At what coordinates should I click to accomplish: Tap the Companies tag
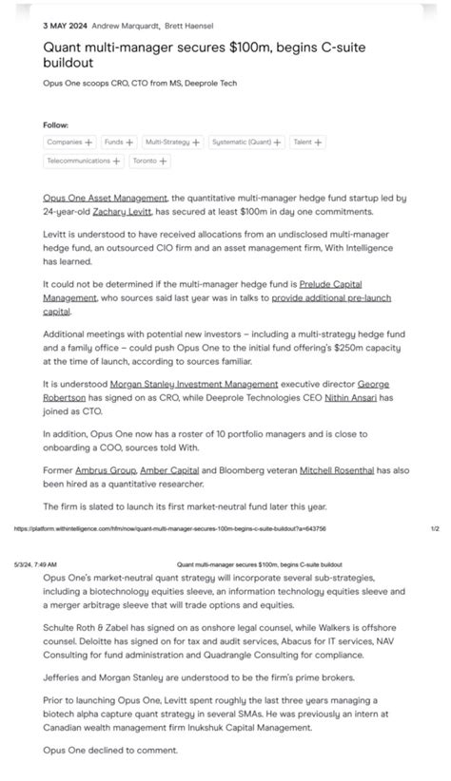click(x=69, y=143)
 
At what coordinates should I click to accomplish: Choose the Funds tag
click(x=118, y=143)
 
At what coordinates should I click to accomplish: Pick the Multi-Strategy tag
click(x=172, y=143)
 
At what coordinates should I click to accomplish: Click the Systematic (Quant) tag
click(x=246, y=143)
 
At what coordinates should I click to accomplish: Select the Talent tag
click(x=307, y=143)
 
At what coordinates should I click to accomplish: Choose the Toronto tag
click(x=149, y=162)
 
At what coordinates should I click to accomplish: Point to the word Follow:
click(x=55, y=124)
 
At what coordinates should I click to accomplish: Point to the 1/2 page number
click(x=434, y=528)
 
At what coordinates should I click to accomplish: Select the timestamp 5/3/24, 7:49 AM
click(x=36, y=563)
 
